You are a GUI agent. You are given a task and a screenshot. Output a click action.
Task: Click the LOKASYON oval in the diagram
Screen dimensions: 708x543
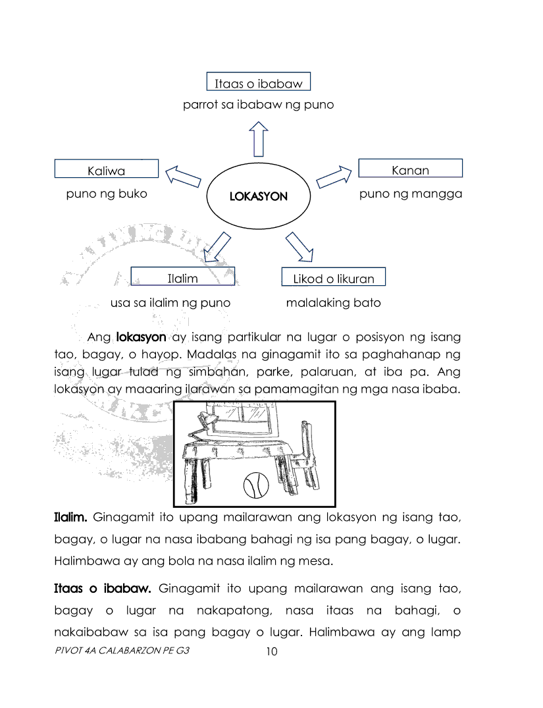click(x=259, y=196)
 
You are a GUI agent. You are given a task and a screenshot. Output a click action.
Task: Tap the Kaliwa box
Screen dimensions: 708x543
click(x=106, y=169)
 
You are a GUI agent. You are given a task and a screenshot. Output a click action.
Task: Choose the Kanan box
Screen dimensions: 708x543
click(x=410, y=169)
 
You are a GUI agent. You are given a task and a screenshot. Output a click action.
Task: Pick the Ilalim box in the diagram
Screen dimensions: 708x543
click(x=183, y=277)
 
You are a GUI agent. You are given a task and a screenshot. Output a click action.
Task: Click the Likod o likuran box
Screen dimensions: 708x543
click(x=333, y=277)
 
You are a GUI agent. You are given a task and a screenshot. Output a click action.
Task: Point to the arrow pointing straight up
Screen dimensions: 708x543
click(x=259, y=138)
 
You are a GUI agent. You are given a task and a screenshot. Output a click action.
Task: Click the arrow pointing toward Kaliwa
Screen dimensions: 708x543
click(x=182, y=177)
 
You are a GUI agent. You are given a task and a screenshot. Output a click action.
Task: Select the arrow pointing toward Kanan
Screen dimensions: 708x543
click(x=334, y=177)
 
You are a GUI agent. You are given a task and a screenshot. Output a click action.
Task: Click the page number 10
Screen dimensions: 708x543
click(x=271, y=652)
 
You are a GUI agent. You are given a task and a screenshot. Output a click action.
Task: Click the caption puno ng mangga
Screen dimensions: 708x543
click(x=410, y=194)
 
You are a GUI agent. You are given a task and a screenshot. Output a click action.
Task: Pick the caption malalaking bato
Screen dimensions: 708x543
click(x=333, y=303)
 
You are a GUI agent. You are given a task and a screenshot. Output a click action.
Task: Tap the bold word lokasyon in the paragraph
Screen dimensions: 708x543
click(x=141, y=337)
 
